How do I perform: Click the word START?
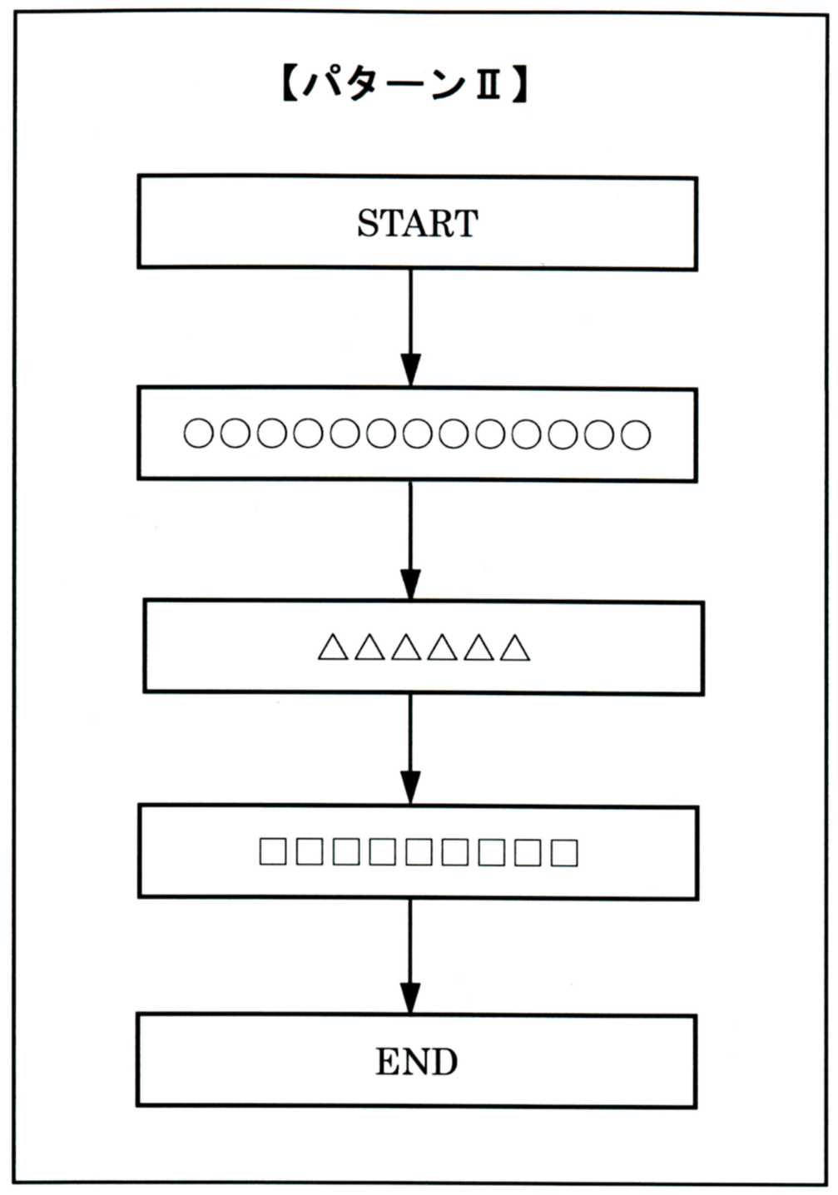pos(417,223)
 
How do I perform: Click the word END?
pos(416,1062)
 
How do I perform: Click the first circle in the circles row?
pos(198,434)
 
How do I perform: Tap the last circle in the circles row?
pos(637,434)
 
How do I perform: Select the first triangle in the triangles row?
pos(332,647)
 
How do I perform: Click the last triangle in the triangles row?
pos(515,647)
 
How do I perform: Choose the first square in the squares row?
pos(272,852)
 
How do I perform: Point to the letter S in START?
pos(368,223)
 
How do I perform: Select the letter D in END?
pos(444,1062)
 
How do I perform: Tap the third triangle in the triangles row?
pos(405,647)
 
